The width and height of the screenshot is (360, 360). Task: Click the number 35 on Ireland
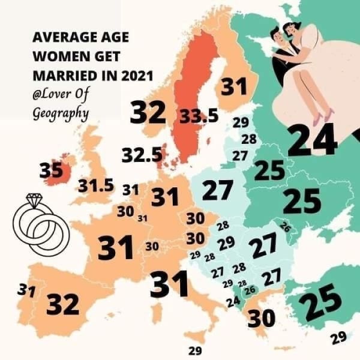pyautogui.click(x=50, y=170)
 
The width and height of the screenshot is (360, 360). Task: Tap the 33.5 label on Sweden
pyautogui.click(x=199, y=116)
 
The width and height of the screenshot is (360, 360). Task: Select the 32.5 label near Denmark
pyautogui.click(x=142, y=155)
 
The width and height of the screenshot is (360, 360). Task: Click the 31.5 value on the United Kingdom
pyautogui.click(x=96, y=185)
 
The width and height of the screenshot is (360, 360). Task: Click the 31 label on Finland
pyautogui.click(x=234, y=88)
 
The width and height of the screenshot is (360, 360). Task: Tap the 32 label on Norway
pyautogui.click(x=148, y=113)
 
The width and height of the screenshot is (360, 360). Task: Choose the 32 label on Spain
pyautogui.click(x=62, y=304)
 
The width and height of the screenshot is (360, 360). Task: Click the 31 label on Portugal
pyautogui.click(x=25, y=291)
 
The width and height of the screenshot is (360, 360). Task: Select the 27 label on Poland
pyautogui.click(x=217, y=190)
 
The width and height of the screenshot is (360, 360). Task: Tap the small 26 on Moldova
pyautogui.click(x=286, y=227)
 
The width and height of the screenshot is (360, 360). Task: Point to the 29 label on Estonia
pyautogui.click(x=241, y=122)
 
